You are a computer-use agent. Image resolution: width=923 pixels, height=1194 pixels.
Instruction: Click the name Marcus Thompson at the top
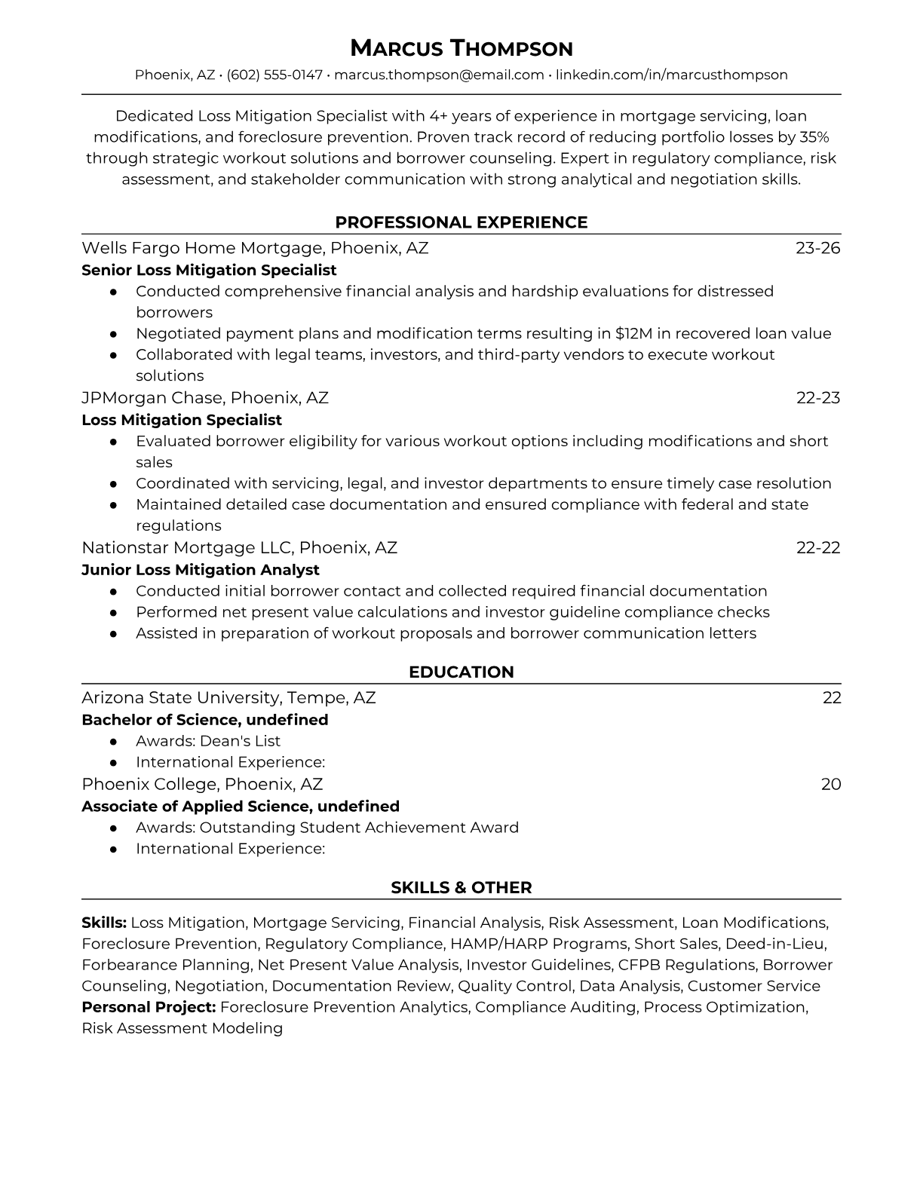tap(461, 48)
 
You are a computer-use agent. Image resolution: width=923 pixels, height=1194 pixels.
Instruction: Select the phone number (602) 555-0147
tap(274, 75)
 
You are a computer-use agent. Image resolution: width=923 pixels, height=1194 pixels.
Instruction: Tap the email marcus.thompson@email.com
tap(439, 75)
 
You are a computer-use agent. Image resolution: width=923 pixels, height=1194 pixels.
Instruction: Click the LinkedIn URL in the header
tap(672, 75)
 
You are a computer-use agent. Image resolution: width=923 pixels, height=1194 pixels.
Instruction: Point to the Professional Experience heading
tap(461, 222)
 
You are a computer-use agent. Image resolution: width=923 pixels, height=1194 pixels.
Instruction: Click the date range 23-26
tap(817, 248)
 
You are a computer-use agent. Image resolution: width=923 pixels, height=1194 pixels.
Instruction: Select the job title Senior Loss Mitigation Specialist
tap(209, 270)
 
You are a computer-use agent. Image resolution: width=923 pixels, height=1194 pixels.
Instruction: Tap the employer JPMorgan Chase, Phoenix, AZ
tap(205, 397)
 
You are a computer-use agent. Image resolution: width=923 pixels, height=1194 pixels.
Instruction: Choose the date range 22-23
tap(818, 397)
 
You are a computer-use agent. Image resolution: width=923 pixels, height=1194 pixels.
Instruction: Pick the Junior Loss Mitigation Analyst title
tap(201, 570)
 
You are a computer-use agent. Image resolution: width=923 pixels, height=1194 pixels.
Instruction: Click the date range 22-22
tap(818, 547)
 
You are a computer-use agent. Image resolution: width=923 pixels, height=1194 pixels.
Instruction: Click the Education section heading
tap(461, 672)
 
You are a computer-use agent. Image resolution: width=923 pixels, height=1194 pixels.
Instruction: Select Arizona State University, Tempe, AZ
tap(228, 697)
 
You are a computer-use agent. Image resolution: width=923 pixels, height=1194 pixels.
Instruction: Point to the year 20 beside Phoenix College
tap(831, 784)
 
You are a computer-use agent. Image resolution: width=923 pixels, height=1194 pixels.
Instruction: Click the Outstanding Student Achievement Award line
tap(327, 828)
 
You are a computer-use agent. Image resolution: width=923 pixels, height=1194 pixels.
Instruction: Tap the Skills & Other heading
tap(461, 888)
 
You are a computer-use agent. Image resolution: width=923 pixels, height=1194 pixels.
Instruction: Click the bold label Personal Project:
tap(149, 1007)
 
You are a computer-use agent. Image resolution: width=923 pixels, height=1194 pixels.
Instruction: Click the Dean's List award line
tap(208, 741)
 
